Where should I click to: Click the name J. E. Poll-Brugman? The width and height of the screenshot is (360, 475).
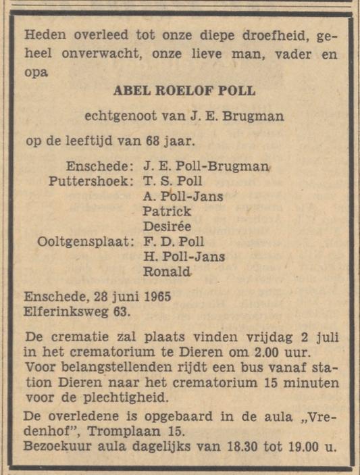(x=205, y=166)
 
